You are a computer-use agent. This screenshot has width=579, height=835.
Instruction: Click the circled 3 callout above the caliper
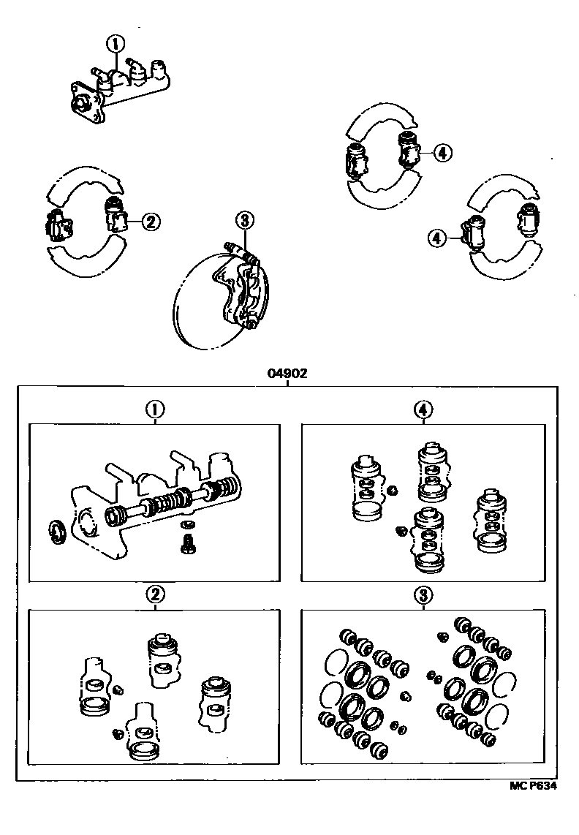click(244, 219)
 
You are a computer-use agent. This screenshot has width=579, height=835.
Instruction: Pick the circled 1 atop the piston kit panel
click(154, 411)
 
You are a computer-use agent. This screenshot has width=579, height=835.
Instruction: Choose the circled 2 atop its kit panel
click(154, 596)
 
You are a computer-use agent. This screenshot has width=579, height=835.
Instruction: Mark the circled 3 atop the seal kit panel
click(423, 596)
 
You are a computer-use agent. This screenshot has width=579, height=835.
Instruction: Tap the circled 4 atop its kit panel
click(423, 411)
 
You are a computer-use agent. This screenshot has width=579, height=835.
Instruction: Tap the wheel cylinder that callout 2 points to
click(115, 216)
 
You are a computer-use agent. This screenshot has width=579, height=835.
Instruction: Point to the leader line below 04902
click(287, 381)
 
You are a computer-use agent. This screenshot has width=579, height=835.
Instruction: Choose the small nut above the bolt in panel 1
click(188, 524)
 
